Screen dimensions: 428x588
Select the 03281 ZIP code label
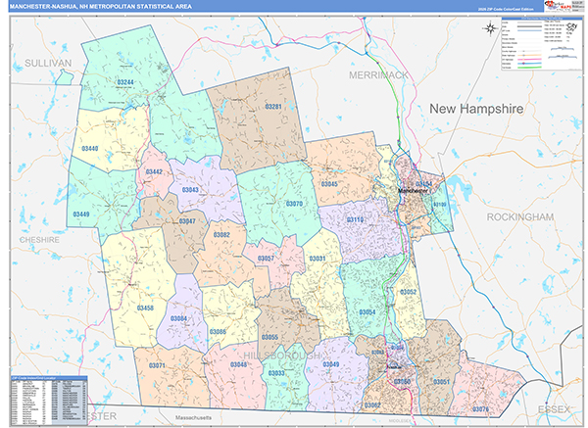pos(273,106)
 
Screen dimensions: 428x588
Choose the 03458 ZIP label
pos(145,308)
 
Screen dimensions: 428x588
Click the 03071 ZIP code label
pos(157,364)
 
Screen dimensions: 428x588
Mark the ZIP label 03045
pos(329,183)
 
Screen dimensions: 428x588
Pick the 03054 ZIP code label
pos(367,311)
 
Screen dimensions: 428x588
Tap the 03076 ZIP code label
pos(479,407)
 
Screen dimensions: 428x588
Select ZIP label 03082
pos(222,235)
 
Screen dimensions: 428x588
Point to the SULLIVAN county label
pos(44,62)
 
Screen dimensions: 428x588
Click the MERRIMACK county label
pos(378,73)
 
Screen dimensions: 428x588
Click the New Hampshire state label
pos(477,108)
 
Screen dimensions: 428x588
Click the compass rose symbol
pos(491,28)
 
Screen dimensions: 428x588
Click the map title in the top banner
pos(113,7)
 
